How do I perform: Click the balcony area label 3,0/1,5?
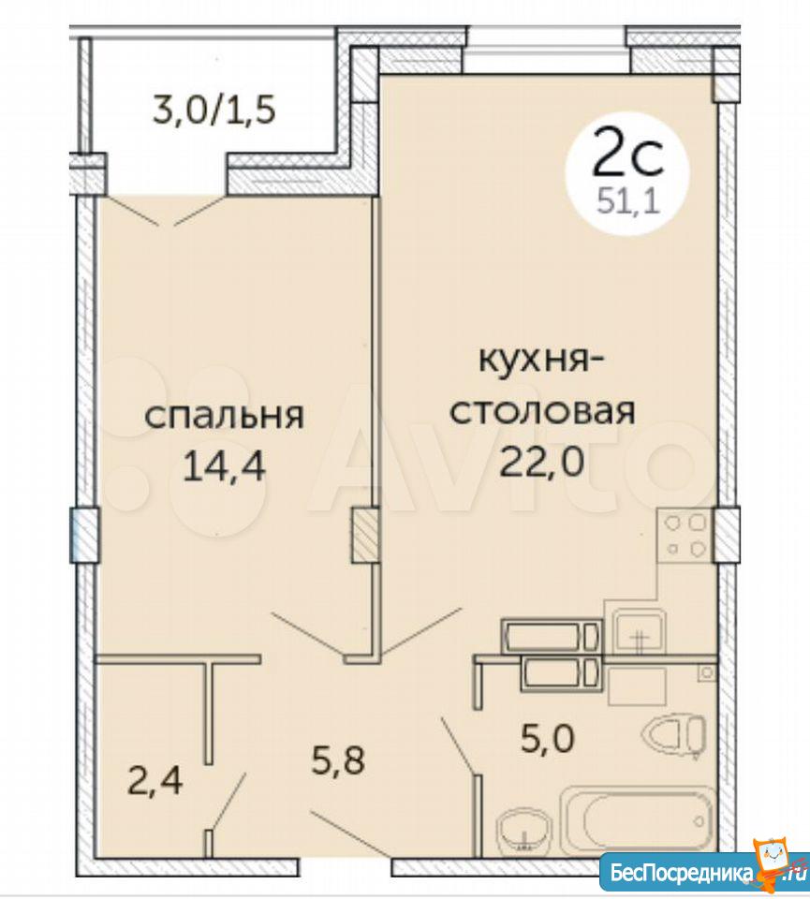[214, 110]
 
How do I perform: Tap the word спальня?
[224, 416]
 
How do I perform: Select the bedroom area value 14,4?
[224, 466]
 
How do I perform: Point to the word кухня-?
[542, 363]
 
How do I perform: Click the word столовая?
[542, 412]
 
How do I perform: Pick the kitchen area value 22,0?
[541, 462]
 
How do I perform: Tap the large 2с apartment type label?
[627, 152]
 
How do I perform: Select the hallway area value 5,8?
[338, 760]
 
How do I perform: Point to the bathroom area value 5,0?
[546, 739]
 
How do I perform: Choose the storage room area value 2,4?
[155, 780]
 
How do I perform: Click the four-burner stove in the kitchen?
[685, 536]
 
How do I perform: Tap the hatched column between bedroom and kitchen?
[364, 535]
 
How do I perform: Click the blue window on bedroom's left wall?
[83, 535]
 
